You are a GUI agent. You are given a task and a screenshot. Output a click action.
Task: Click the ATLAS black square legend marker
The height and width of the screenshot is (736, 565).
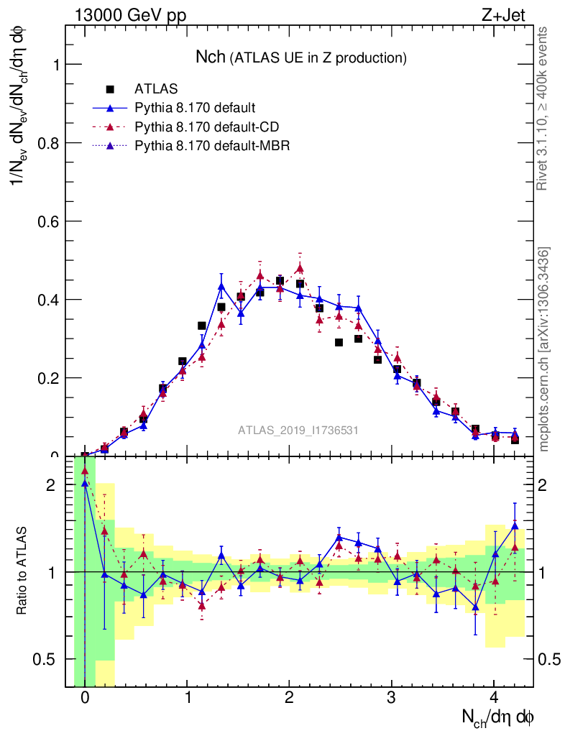click(110, 89)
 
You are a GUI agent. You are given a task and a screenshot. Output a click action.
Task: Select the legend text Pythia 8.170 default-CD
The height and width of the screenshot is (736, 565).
click(207, 127)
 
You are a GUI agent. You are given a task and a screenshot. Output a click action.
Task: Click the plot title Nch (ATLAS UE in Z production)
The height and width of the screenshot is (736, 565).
click(301, 57)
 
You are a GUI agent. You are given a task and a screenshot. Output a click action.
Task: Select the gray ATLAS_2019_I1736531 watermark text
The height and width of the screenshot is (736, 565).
click(298, 430)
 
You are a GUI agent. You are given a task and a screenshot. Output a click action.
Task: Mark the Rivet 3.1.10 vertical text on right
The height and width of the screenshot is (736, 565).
click(543, 108)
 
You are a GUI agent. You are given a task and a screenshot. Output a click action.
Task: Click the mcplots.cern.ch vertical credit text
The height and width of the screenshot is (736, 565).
click(543, 349)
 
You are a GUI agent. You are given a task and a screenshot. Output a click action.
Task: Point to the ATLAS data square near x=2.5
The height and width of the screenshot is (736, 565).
click(339, 342)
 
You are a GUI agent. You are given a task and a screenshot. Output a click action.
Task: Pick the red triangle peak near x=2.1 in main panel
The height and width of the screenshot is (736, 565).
click(300, 269)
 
